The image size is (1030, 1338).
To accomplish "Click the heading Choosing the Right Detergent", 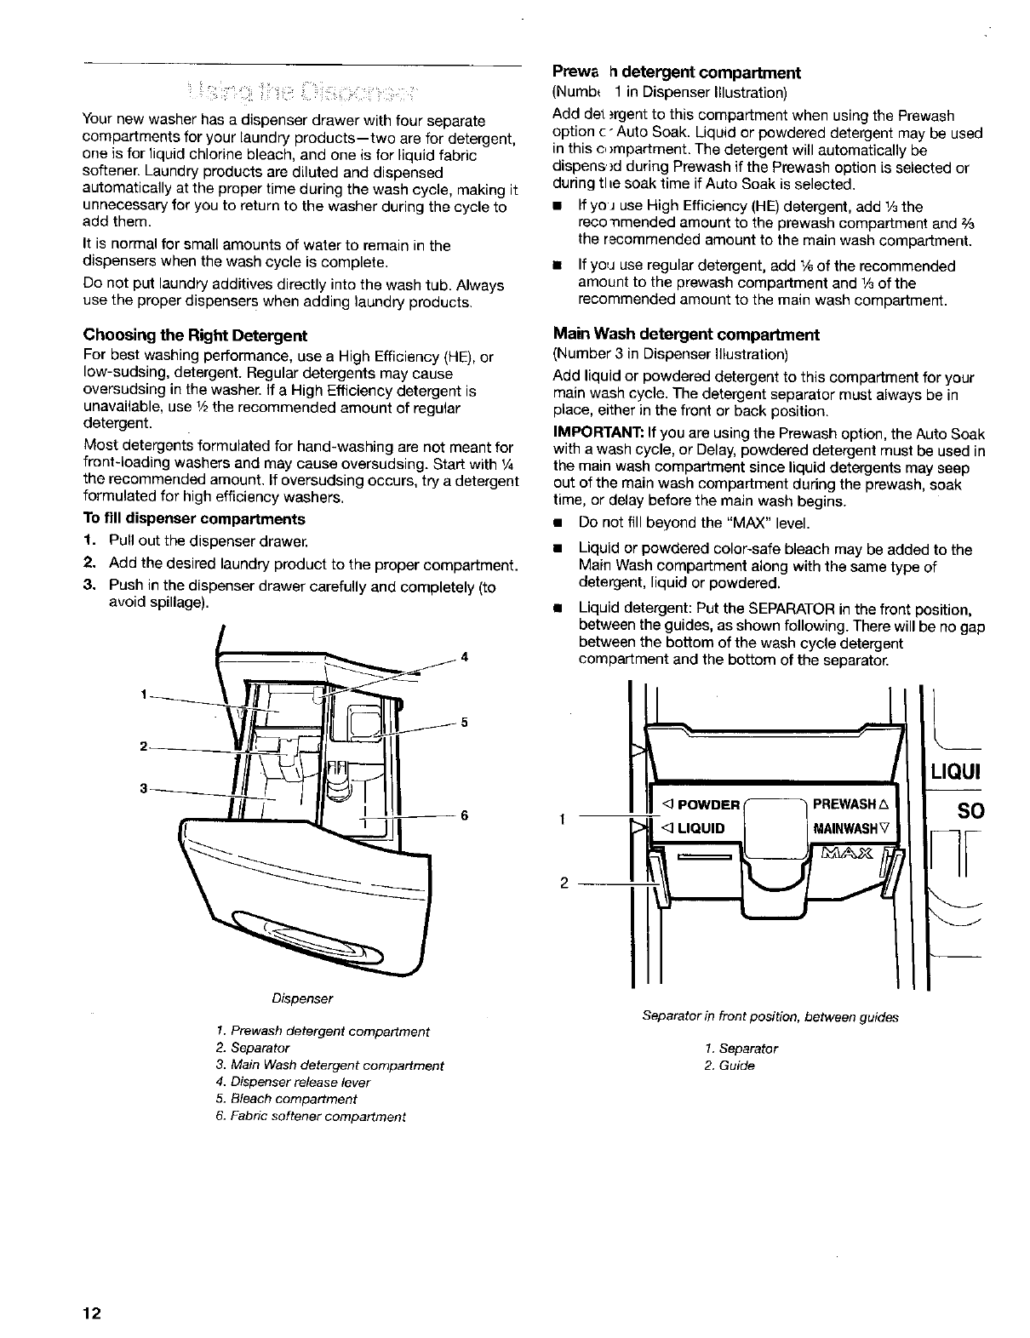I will [x=194, y=334].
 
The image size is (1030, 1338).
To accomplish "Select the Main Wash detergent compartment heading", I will [x=685, y=334].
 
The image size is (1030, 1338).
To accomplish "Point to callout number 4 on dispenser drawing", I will [x=465, y=656].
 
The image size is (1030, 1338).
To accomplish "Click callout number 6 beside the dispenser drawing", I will [x=465, y=815].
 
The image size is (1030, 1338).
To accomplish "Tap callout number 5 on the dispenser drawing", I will [x=465, y=723].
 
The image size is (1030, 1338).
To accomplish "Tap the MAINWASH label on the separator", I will [x=850, y=827].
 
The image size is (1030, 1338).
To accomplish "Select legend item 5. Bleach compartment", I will [x=288, y=1099].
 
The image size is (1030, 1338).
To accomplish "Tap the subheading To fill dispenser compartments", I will [x=193, y=518].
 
